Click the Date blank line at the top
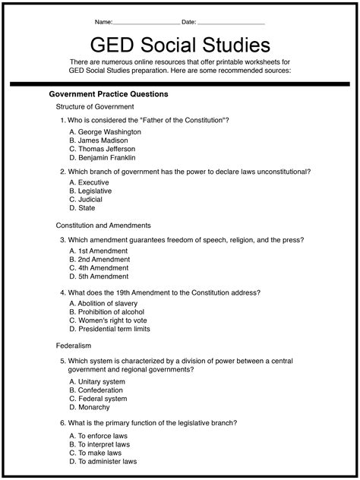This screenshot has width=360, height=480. click(231, 22)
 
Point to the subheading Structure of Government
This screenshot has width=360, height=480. click(95, 107)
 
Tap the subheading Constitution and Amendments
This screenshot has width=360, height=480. click(103, 226)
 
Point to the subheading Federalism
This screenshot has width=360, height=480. click(74, 346)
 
